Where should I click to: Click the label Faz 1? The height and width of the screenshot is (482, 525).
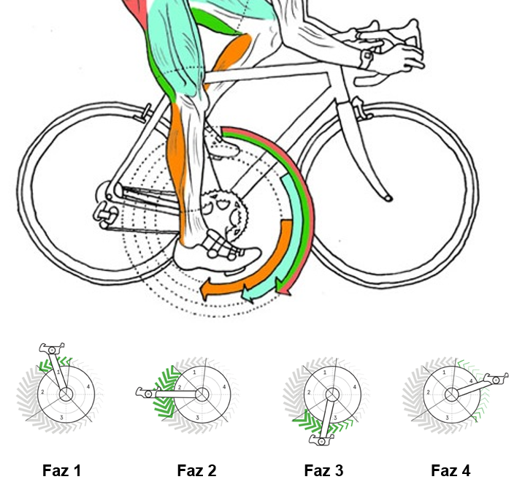coord(61,471)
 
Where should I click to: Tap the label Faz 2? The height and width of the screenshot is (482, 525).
coord(196,471)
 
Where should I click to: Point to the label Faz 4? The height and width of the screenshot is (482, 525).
coord(451,471)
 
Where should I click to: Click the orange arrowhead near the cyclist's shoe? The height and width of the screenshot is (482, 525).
coord(207,290)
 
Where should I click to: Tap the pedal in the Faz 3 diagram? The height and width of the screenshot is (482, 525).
coord(321,441)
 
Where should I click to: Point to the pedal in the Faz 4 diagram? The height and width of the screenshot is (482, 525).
coord(499,378)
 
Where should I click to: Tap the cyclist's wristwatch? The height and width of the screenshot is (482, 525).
coord(366,58)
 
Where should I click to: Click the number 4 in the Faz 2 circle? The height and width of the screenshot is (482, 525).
coord(224,386)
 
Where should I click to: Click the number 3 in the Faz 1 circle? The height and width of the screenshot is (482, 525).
coord(61,417)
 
